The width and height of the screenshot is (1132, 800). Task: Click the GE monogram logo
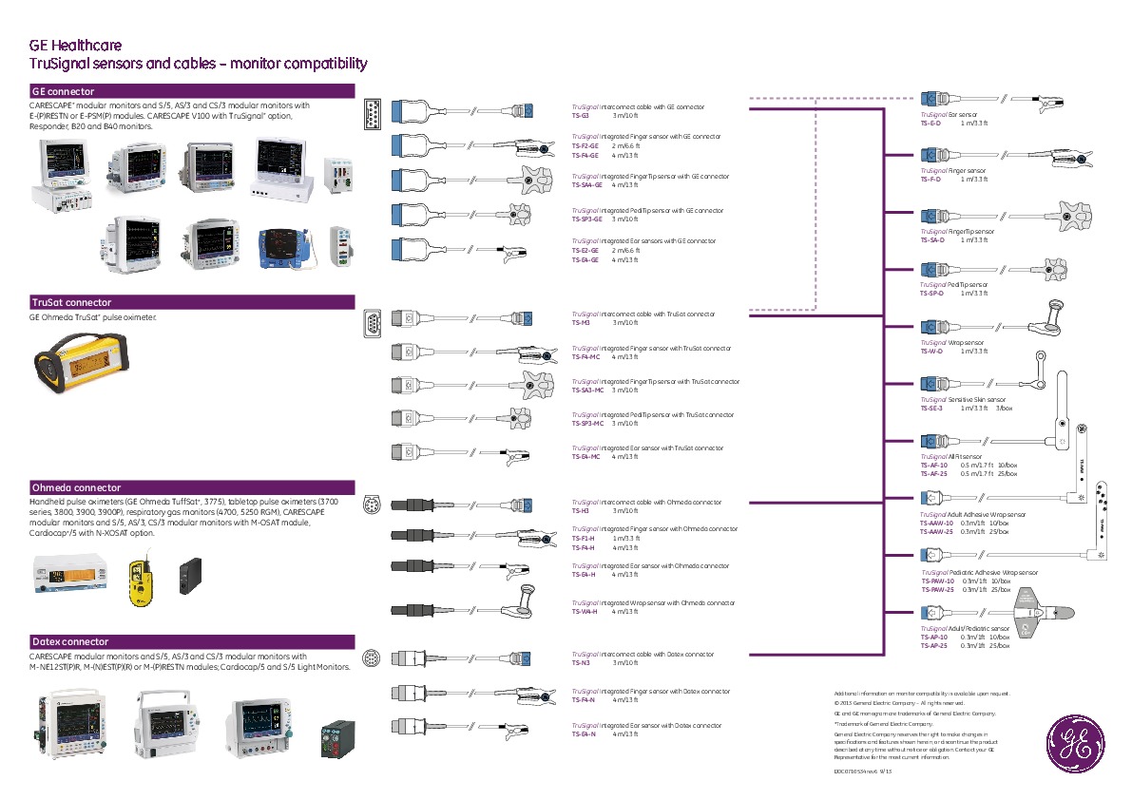coord(1074,742)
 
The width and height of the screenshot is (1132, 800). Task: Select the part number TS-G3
coord(581,115)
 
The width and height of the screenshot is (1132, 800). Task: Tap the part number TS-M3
coord(581,322)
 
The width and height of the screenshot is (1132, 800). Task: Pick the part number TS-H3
coord(581,510)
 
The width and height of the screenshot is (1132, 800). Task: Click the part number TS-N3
coord(581,662)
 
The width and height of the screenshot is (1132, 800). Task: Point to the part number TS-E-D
coord(931,123)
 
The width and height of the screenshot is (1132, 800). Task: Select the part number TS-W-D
coord(931,351)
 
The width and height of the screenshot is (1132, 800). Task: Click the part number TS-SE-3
coord(932,408)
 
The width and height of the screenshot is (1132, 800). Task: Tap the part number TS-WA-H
coord(585,611)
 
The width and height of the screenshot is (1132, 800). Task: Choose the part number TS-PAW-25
coord(937,589)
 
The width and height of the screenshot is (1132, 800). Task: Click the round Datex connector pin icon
coord(373,657)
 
